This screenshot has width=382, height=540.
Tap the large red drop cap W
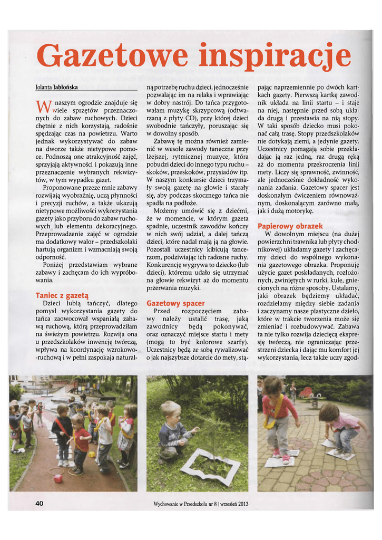(42, 106)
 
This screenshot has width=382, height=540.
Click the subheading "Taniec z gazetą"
(62, 295)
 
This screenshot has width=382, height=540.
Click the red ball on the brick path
(58, 477)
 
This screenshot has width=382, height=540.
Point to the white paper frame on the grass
(207, 467)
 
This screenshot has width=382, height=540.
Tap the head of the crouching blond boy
(170, 410)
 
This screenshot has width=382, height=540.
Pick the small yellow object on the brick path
(92, 454)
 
